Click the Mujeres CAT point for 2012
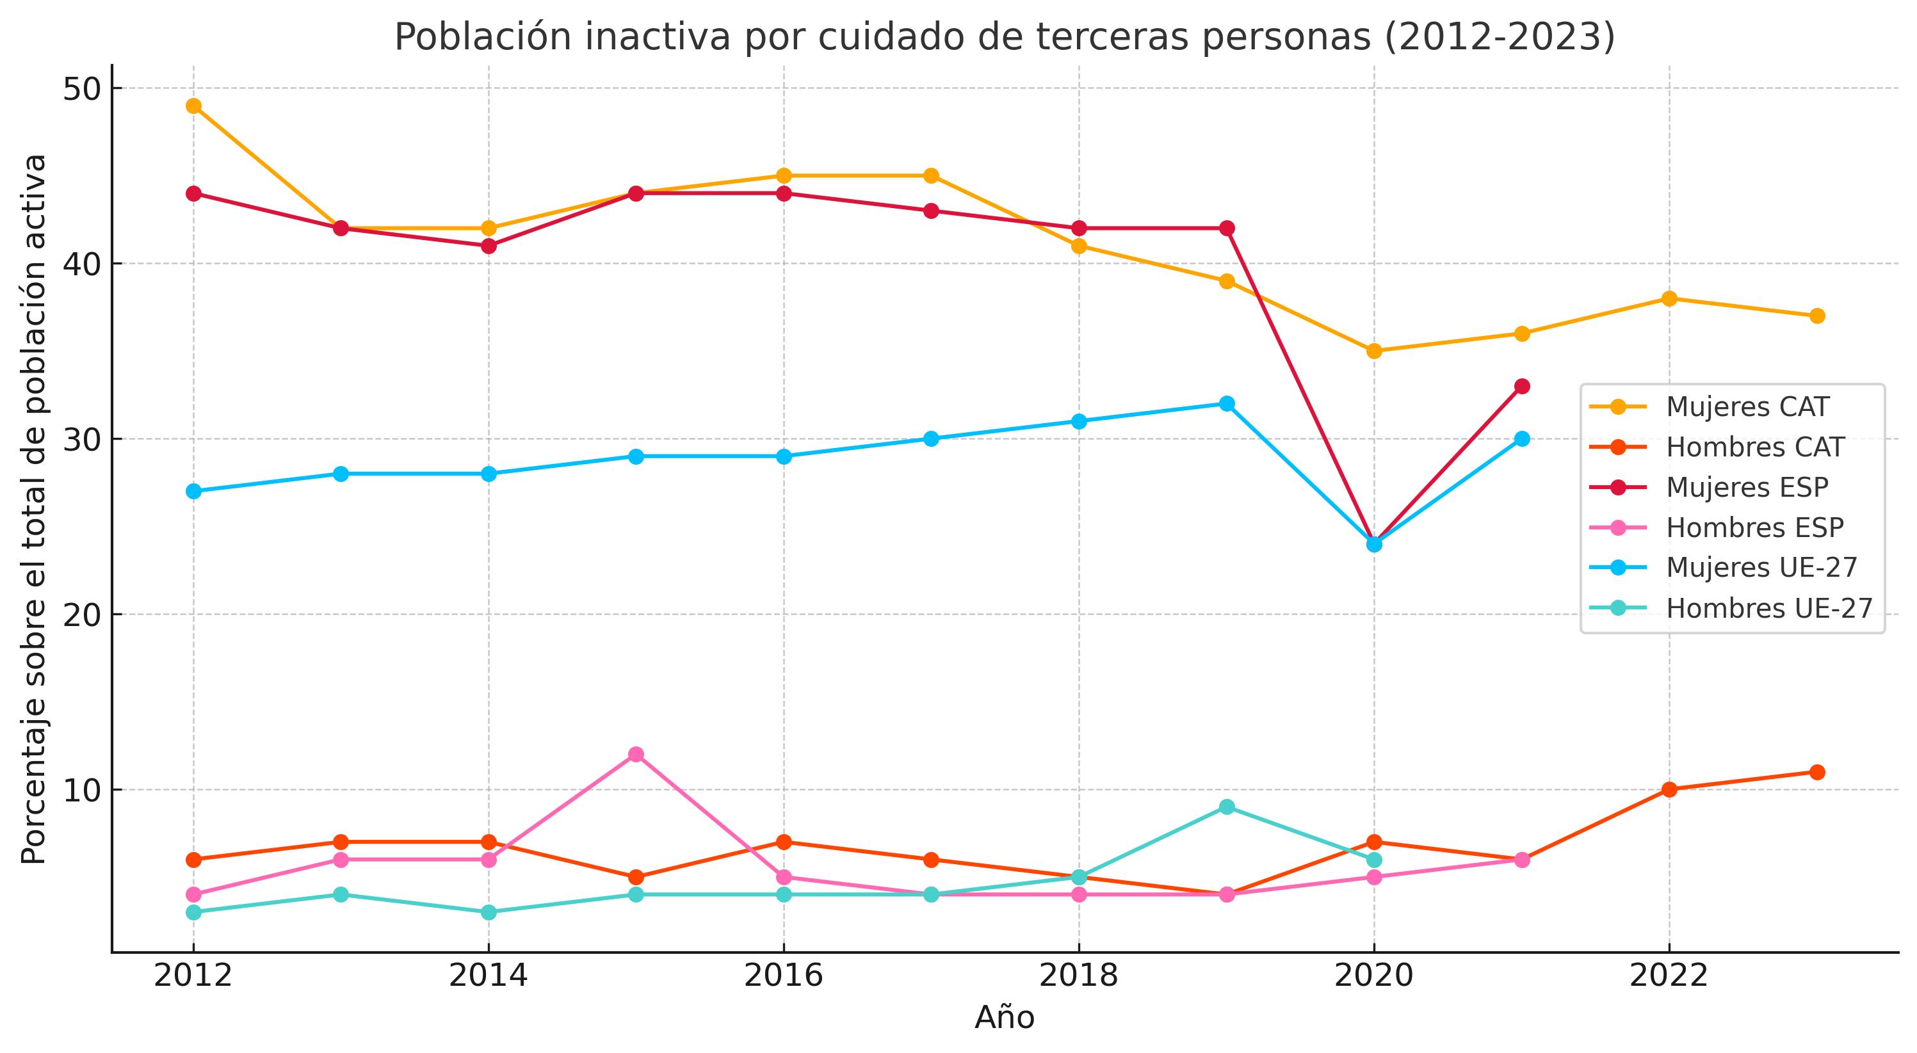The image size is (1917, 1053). pyautogui.click(x=193, y=106)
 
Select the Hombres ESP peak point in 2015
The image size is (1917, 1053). pyautogui.click(x=636, y=755)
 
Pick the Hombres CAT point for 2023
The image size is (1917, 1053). pyautogui.click(x=1816, y=772)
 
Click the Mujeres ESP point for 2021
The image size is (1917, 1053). pyautogui.click(x=1522, y=386)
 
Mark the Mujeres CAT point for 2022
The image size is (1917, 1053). pyautogui.click(x=1669, y=298)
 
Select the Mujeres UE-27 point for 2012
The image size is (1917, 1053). pyautogui.click(x=193, y=491)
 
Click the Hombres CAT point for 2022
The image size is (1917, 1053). pyautogui.click(x=1669, y=789)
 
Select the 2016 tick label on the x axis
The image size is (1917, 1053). pyautogui.click(x=783, y=976)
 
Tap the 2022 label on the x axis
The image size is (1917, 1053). pyautogui.click(x=1669, y=976)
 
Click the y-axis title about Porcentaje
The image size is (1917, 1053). pyautogui.click(x=34, y=509)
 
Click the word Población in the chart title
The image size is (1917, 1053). pyautogui.click(x=487, y=37)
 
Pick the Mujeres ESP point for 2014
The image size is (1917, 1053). pyautogui.click(x=488, y=246)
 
